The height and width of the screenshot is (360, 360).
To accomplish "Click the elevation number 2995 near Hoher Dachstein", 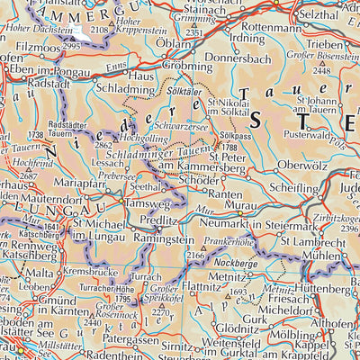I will [73, 45].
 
